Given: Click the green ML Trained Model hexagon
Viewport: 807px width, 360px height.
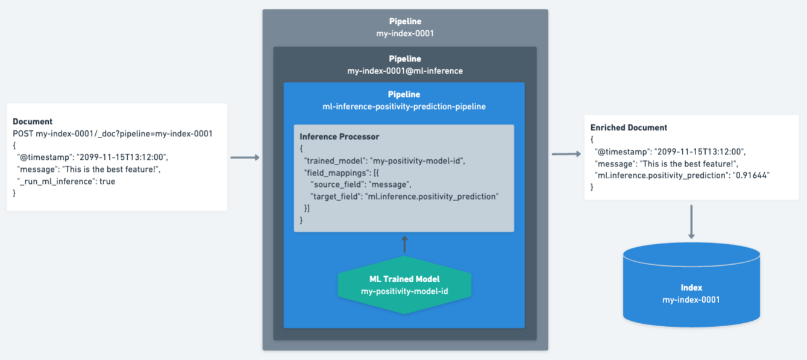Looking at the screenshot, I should pos(404,285).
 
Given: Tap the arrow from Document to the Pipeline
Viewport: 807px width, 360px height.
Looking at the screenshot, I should pos(245,157).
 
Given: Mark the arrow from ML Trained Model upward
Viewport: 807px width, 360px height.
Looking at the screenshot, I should pos(404,244).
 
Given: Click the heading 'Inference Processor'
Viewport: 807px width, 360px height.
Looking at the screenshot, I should pos(339,137).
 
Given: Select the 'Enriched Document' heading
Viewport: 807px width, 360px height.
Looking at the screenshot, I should pos(629,128).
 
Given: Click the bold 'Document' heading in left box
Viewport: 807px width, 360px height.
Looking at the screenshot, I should pos(33,121).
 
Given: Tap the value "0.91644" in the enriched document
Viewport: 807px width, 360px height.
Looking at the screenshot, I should pos(753,175).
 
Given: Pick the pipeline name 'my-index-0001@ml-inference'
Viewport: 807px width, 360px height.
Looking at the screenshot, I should pos(405,71).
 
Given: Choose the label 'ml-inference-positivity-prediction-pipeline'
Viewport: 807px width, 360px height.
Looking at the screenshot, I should pos(404,106).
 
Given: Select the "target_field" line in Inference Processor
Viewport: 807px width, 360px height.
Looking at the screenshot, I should pos(404,197).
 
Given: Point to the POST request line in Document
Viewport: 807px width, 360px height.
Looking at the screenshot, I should pos(113,133).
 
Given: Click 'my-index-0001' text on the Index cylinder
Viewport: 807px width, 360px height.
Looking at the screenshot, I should pos(691,299).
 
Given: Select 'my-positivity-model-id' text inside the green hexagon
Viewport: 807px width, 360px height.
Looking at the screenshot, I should pos(404,291).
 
